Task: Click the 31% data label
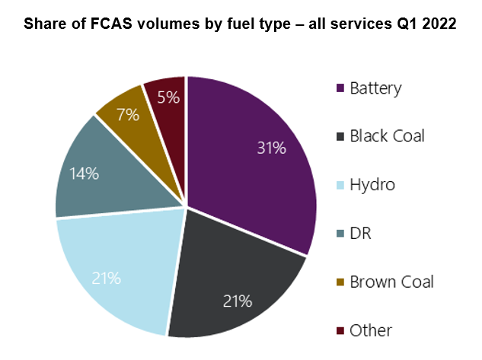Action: pos(271,148)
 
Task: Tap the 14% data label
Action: pos(85,174)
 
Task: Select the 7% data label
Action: pos(128,116)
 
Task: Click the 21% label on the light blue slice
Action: pos(106,278)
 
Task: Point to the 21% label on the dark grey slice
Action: pos(237,301)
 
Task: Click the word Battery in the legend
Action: pos(375,88)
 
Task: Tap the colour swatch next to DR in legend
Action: pos(339,234)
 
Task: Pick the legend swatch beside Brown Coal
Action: pos(339,282)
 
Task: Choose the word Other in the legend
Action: pos(371,330)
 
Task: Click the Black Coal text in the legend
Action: pos(387,137)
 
